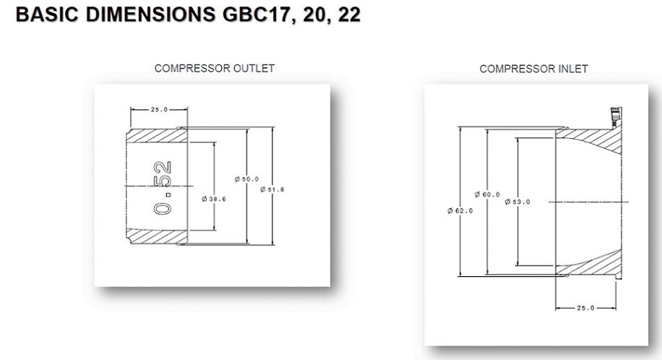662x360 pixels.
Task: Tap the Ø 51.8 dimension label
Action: [272, 189]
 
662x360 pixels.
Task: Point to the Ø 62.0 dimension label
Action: [460, 210]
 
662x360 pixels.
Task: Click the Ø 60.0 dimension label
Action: [487, 194]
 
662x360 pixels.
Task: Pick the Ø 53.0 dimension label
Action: [517, 202]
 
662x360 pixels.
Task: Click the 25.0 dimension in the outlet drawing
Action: [158, 110]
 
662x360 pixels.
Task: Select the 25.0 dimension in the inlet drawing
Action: [585, 308]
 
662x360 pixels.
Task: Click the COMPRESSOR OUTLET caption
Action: [215, 69]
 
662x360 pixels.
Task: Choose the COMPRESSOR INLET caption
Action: [533, 69]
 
